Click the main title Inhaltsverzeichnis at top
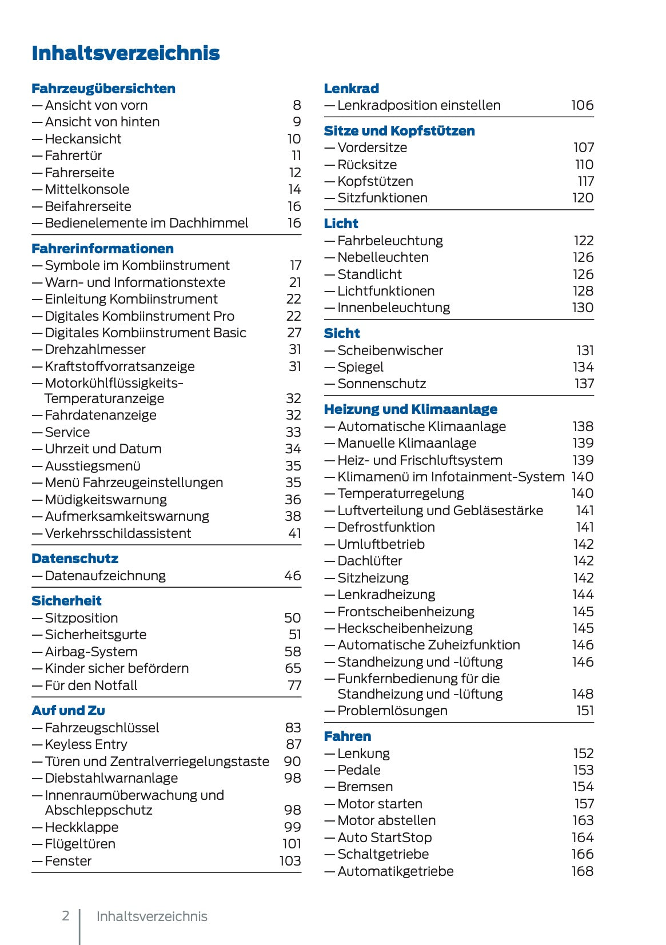(126, 53)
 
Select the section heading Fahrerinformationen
(102, 249)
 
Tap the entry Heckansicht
(83, 139)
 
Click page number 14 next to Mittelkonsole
(294, 189)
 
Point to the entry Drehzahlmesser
(95, 349)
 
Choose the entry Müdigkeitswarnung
(106, 500)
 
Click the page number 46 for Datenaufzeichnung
(292, 576)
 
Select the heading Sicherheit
(66, 601)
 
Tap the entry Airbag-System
(91, 652)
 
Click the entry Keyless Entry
(86, 744)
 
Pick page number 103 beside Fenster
(290, 861)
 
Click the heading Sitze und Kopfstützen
(399, 131)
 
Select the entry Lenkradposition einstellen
(418, 105)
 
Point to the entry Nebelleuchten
(382, 257)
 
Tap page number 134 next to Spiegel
(583, 367)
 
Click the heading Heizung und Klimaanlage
(410, 409)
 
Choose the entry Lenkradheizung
(386, 595)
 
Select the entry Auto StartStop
(384, 838)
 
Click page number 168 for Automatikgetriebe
(582, 871)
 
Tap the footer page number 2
(66, 916)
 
